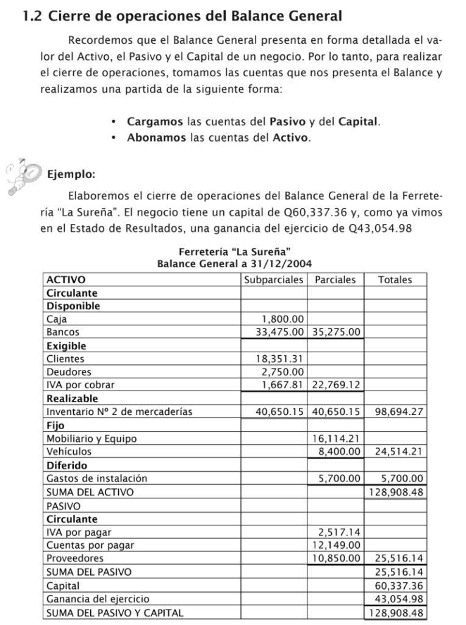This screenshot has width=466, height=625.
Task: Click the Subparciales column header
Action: tap(274, 280)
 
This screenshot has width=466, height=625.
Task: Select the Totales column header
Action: tap(395, 280)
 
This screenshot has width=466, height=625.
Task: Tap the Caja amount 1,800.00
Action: tap(282, 319)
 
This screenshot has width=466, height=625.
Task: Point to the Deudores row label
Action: tap(69, 372)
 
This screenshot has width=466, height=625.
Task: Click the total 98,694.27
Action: tap(399, 411)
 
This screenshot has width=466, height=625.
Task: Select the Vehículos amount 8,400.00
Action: tap(339, 452)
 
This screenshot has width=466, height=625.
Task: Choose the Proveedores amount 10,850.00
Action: tap(337, 558)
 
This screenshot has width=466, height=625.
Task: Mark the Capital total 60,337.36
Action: tap(399, 586)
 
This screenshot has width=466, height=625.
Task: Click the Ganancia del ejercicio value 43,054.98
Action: tap(399, 599)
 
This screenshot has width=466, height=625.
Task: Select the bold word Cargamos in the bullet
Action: tap(155, 121)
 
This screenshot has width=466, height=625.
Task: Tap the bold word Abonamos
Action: tap(156, 137)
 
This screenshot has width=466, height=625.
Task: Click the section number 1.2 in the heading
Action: tap(32, 16)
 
